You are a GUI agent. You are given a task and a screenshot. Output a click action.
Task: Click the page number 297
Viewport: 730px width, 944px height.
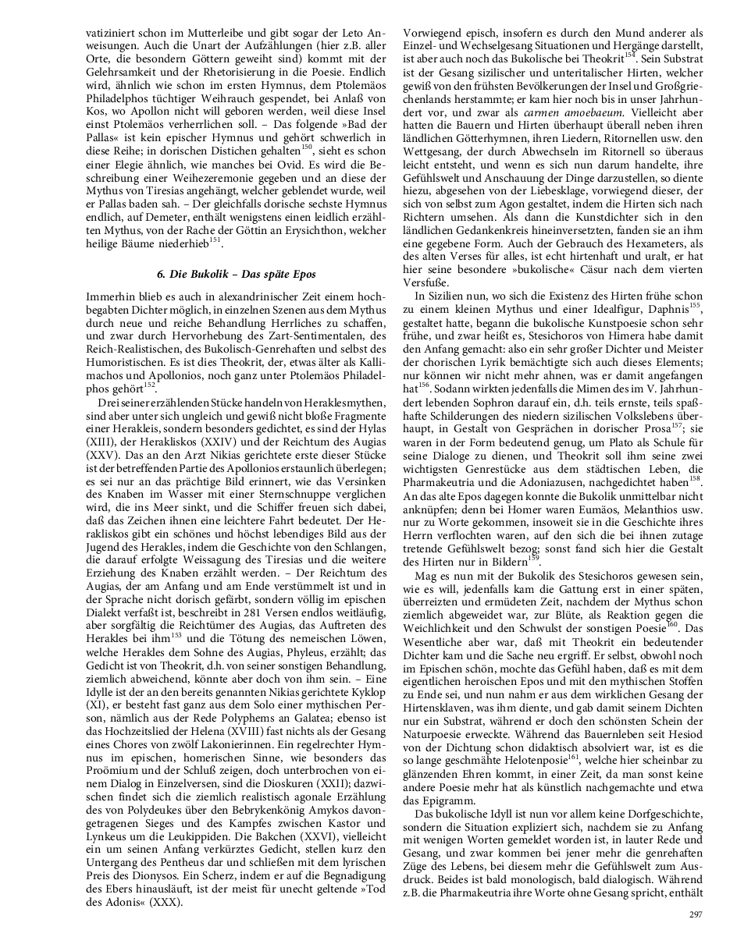[x=696, y=914]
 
